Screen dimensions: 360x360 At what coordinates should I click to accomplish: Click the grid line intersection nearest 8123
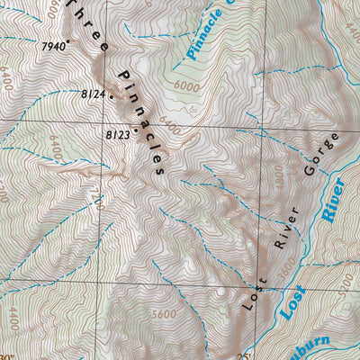pos(113,121)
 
